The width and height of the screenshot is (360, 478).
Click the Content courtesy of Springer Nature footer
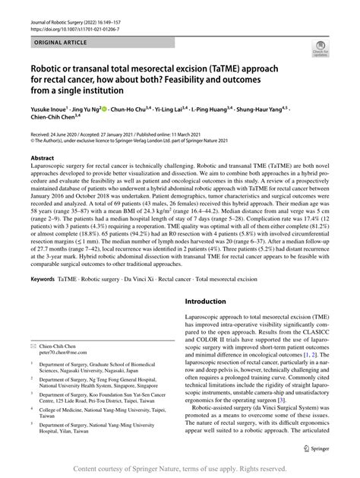[x=180, y=470]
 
